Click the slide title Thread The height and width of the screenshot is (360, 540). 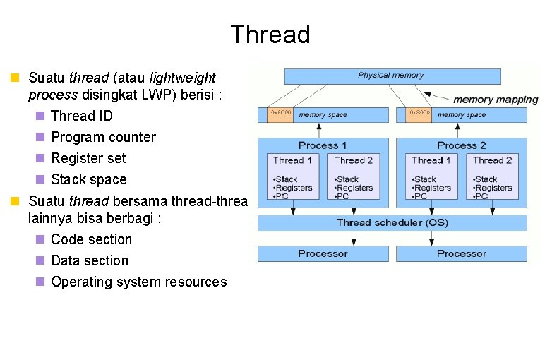click(270, 35)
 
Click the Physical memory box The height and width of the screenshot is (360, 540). click(391, 76)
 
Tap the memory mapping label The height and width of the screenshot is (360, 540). click(495, 100)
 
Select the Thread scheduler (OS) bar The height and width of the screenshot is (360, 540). click(392, 222)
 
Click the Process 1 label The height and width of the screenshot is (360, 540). click(323, 145)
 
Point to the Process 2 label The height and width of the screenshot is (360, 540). click(461, 145)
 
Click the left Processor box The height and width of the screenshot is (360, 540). click(323, 253)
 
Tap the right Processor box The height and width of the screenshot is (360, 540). click(461, 253)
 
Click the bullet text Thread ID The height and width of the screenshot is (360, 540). click(82, 116)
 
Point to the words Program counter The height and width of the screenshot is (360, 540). click(103, 137)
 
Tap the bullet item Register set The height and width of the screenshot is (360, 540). click(88, 158)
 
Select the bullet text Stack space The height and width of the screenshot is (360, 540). click(89, 179)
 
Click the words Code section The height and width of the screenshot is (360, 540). click(91, 239)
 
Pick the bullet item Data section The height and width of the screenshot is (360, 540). click(90, 260)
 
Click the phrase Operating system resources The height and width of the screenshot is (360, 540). click(139, 282)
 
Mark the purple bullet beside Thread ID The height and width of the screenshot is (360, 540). click(40, 116)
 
